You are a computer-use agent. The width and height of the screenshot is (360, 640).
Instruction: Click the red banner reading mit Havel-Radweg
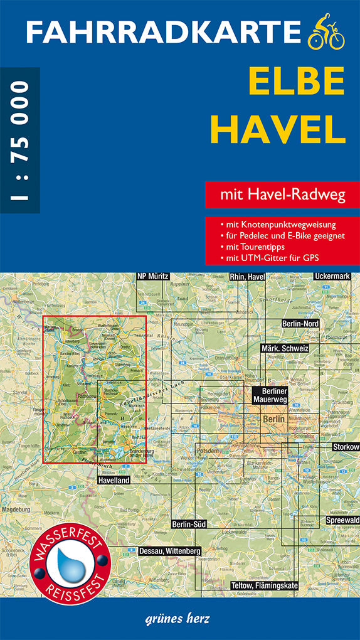[x=283, y=195]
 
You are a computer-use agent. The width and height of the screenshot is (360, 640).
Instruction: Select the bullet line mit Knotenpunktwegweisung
[x=278, y=224]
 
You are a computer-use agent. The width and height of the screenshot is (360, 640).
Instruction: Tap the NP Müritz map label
[x=154, y=276]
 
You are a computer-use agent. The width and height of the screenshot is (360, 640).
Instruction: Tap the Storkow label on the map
[x=346, y=447]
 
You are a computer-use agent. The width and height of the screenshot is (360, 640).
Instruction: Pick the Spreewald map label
[x=342, y=520]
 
